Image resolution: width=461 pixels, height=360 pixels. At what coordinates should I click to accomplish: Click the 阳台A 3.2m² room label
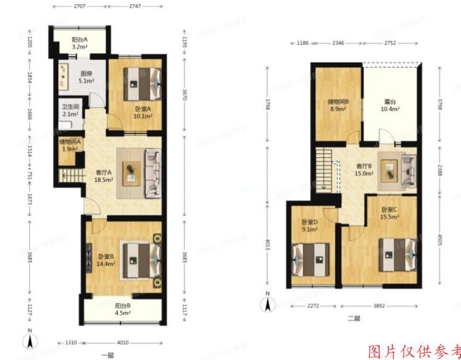(x=80, y=43)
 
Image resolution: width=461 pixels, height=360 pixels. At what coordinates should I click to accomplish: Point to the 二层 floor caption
(x=354, y=319)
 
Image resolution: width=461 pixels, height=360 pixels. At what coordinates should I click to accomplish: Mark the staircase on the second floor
(x=326, y=168)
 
